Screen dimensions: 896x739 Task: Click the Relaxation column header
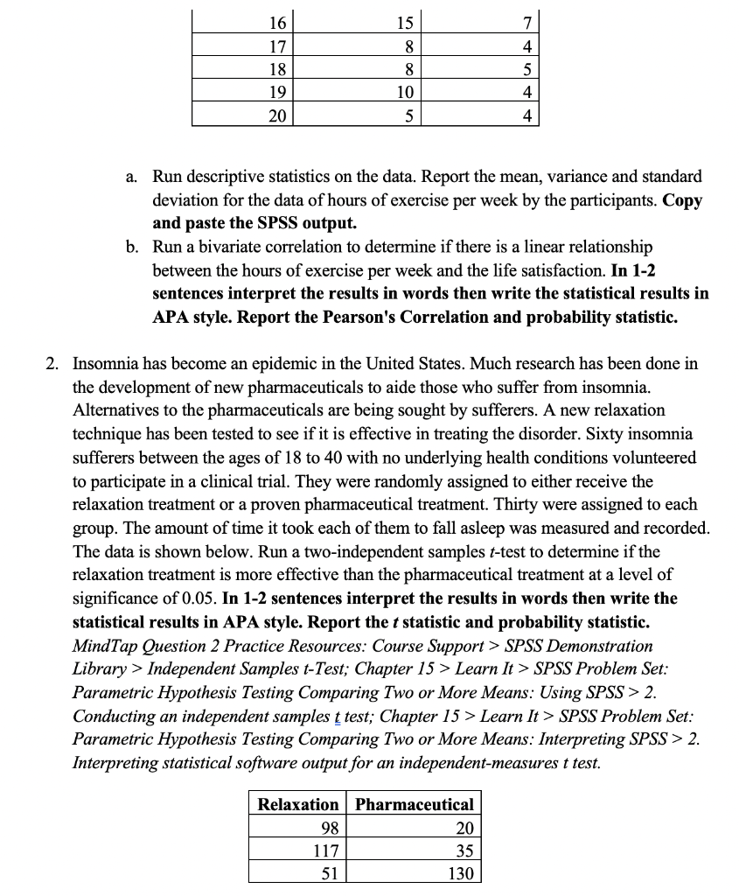pos(297,804)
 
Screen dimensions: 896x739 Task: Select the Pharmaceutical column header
pos(415,804)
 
